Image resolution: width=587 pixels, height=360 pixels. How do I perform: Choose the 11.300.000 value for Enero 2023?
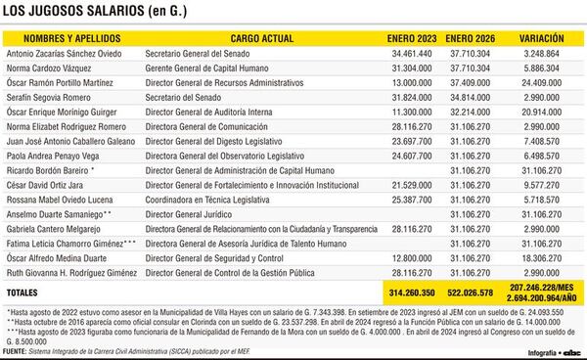(411, 113)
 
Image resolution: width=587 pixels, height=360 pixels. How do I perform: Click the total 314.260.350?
(411, 292)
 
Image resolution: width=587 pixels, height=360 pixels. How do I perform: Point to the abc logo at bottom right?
(570, 352)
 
